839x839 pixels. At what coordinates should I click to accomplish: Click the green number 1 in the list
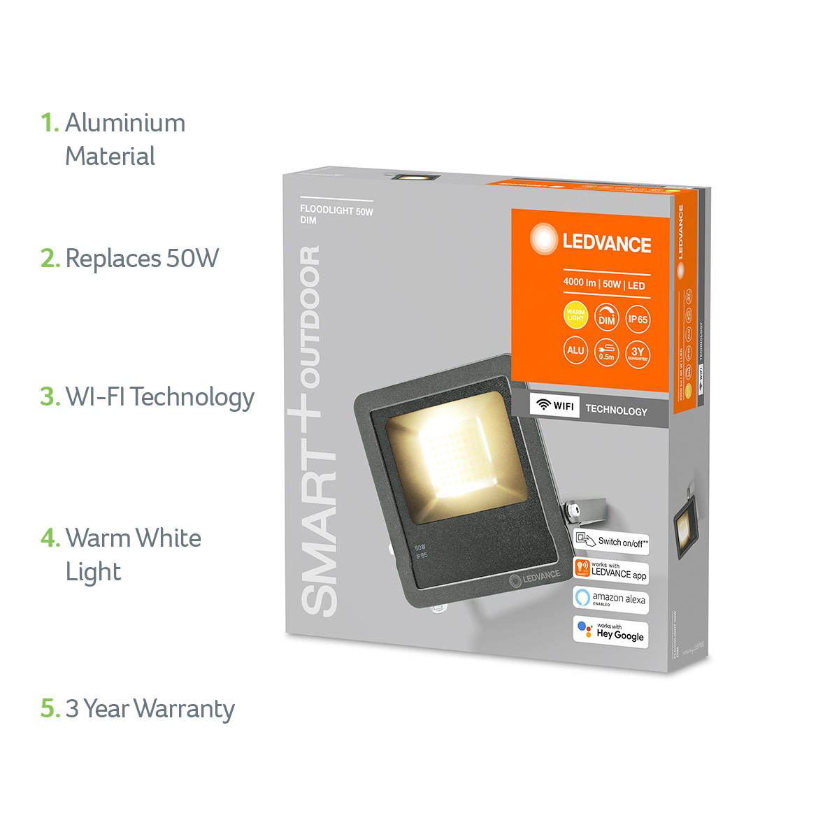(48, 123)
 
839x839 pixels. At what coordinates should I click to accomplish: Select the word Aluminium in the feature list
(125, 123)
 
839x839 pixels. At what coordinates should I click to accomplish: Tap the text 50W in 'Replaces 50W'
(192, 259)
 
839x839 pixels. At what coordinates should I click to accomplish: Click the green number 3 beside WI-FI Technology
(49, 396)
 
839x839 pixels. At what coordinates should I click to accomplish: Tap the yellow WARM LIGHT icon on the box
(575, 316)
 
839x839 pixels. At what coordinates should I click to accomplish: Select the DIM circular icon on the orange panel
(606, 318)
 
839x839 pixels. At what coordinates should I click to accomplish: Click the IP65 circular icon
(638, 319)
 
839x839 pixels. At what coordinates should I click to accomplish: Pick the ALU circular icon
(575, 350)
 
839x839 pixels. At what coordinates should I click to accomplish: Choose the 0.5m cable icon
(606, 352)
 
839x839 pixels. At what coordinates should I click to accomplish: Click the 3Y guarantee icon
(638, 353)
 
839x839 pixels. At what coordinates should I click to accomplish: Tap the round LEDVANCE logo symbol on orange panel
(543, 238)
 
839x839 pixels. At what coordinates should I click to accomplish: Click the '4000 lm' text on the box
(580, 283)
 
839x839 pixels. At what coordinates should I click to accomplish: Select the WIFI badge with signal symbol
(555, 406)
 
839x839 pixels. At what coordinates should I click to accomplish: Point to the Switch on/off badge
(612, 540)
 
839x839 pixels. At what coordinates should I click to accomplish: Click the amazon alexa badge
(610, 599)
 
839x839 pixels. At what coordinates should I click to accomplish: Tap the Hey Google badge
(610, 631)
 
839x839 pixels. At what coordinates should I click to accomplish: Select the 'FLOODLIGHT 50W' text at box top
(336, 210)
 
